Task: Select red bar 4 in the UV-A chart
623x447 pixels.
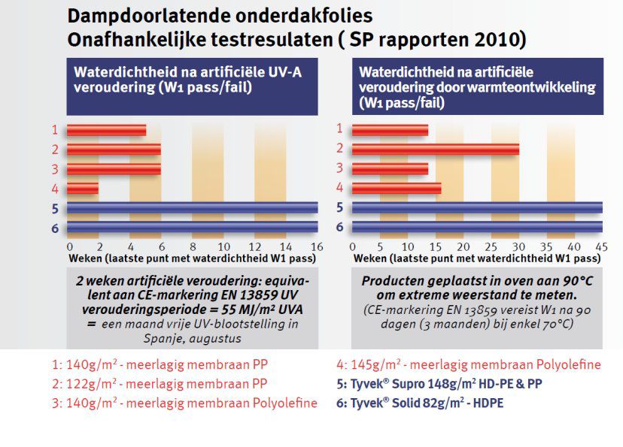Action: pos(84,188)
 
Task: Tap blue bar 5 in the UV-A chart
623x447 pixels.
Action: pos(193,208)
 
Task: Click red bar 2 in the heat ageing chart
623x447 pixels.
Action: pos(436,149)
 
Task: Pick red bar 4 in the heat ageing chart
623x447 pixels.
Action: pos(397,188)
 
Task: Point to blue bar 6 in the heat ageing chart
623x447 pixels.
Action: pos(477,227)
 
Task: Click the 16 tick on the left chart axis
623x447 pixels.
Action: pos(317,246)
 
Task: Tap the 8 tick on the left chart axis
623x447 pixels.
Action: pos(193,246)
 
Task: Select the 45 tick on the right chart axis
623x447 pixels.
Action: pos(601,246)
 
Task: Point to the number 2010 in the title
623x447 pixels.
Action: pos(493,38)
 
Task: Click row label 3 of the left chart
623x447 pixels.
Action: pos(55,168)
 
